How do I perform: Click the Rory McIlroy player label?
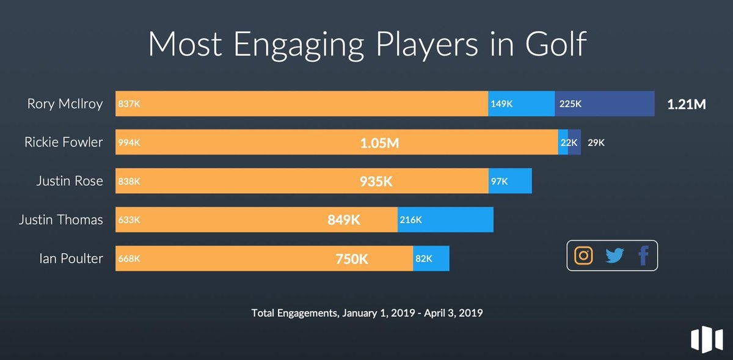click(x=65, y=104)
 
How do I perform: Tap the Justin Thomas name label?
click(x=60, y=220)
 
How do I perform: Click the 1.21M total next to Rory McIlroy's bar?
click(x=686, y=105)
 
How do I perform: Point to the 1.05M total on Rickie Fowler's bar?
click(x=379, y=143)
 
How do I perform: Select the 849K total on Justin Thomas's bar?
click(x=344, y=220)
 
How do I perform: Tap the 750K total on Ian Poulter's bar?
click(x=351, y=259)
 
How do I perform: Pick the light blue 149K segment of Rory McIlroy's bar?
click(x=521, y=104)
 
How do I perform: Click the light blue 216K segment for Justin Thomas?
click(x=445, y=220)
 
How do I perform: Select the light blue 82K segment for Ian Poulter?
click(x=431, y=259)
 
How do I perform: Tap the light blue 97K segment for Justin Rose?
click(x=510, y=182)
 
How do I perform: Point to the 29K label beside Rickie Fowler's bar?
click(x=596, y=142)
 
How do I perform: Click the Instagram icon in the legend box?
click(x=583, y=255)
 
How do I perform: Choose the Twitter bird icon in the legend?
click(x=614, y=255)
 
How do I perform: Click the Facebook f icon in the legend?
click(x=643, y=255)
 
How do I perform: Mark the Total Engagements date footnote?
click(x=367, y=313)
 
